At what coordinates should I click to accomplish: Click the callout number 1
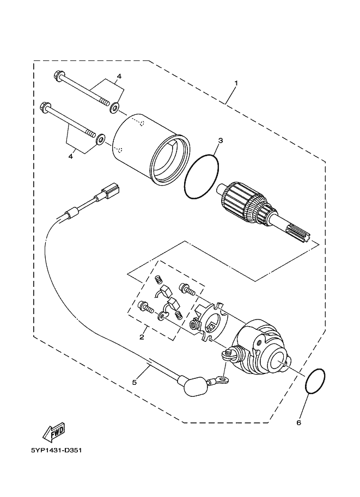[x=236, y=83]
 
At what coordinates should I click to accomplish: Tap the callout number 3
[x=219, y=141]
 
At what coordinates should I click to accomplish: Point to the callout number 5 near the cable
[x=135, y=382]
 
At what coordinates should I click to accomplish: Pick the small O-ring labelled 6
[x=316, y=381]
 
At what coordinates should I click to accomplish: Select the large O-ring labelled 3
[x=202, y=177]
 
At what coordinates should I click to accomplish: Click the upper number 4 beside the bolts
[x=118, y=76]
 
